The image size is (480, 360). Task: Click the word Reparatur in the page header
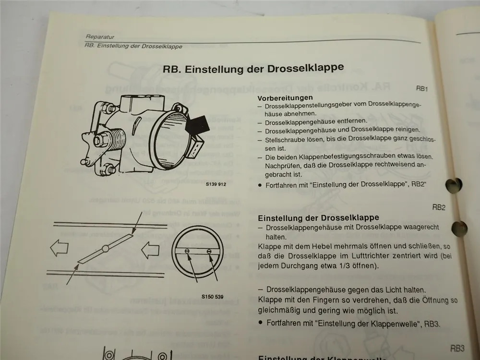coord(99,36)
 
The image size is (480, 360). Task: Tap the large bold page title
coord(253,68)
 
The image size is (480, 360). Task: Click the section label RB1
coord(422,89)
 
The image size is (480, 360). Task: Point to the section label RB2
coord(439,207)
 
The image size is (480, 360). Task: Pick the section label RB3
coord(456,348)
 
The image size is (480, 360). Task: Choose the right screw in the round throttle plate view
coord(209,251)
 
